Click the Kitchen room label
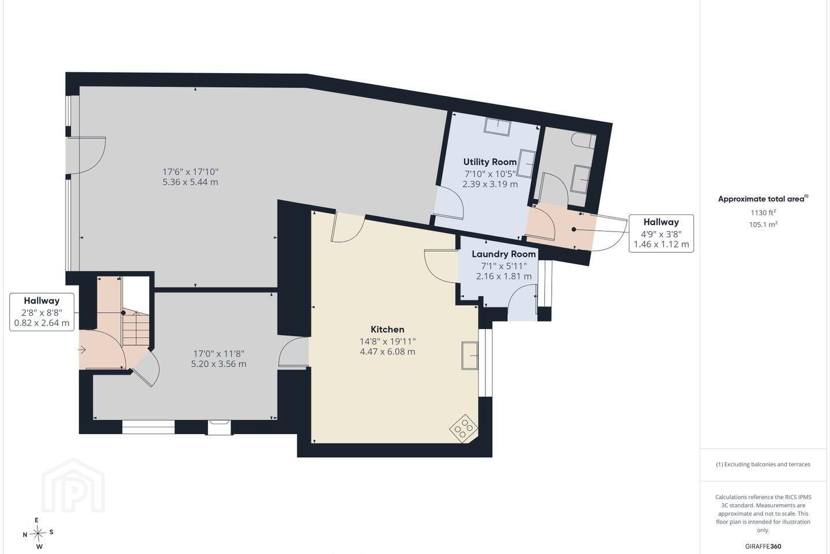pos(387,329)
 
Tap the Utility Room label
pos(490,162)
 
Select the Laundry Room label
pos(504,254)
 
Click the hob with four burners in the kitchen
pos(463,428)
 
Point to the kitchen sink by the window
pos(470,355)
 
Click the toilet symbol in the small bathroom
pos(584,141)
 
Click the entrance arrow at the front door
pos(82,349)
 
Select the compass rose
pos(38,534)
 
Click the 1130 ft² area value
pos(763,212)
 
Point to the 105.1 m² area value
pos(763,224)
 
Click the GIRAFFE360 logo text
pos(763,546)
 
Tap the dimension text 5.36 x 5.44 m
pos(190,182)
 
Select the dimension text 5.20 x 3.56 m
pos(218,364)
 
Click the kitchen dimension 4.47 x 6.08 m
pos(387,351)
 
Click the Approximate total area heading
pos(763,199)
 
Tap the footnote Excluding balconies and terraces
pos(763,464)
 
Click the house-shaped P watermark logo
pos(73,486)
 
